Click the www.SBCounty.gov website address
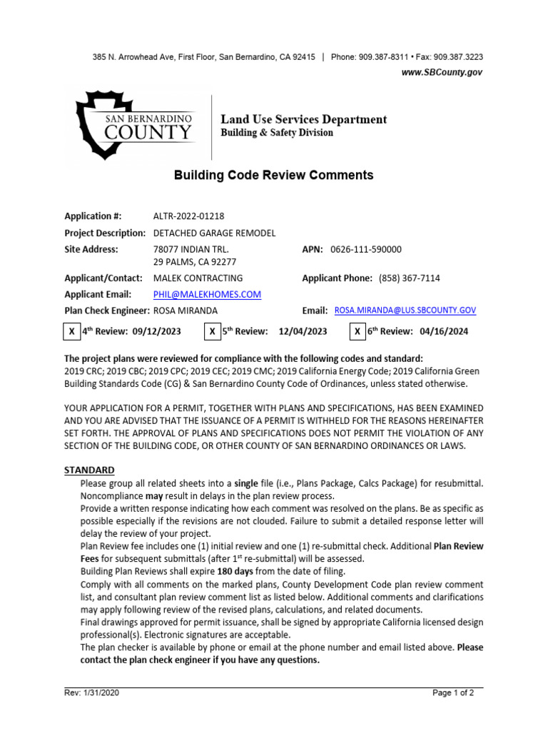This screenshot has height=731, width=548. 442,72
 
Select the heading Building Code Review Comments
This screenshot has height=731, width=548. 274,175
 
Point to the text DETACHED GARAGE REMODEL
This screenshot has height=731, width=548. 214,233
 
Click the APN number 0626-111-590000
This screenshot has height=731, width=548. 366,249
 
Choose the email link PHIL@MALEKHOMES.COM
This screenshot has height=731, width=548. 207,294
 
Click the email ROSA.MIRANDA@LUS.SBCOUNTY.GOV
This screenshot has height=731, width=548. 405,311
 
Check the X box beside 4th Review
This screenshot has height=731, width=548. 71,331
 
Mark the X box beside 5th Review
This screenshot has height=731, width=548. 213,331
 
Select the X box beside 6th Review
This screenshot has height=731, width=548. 357,331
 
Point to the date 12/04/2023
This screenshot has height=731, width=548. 303,331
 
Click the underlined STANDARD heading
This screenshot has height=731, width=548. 89,470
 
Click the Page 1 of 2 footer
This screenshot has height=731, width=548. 453,692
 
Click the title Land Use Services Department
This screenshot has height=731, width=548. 303,119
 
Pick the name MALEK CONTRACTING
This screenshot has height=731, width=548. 198,278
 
